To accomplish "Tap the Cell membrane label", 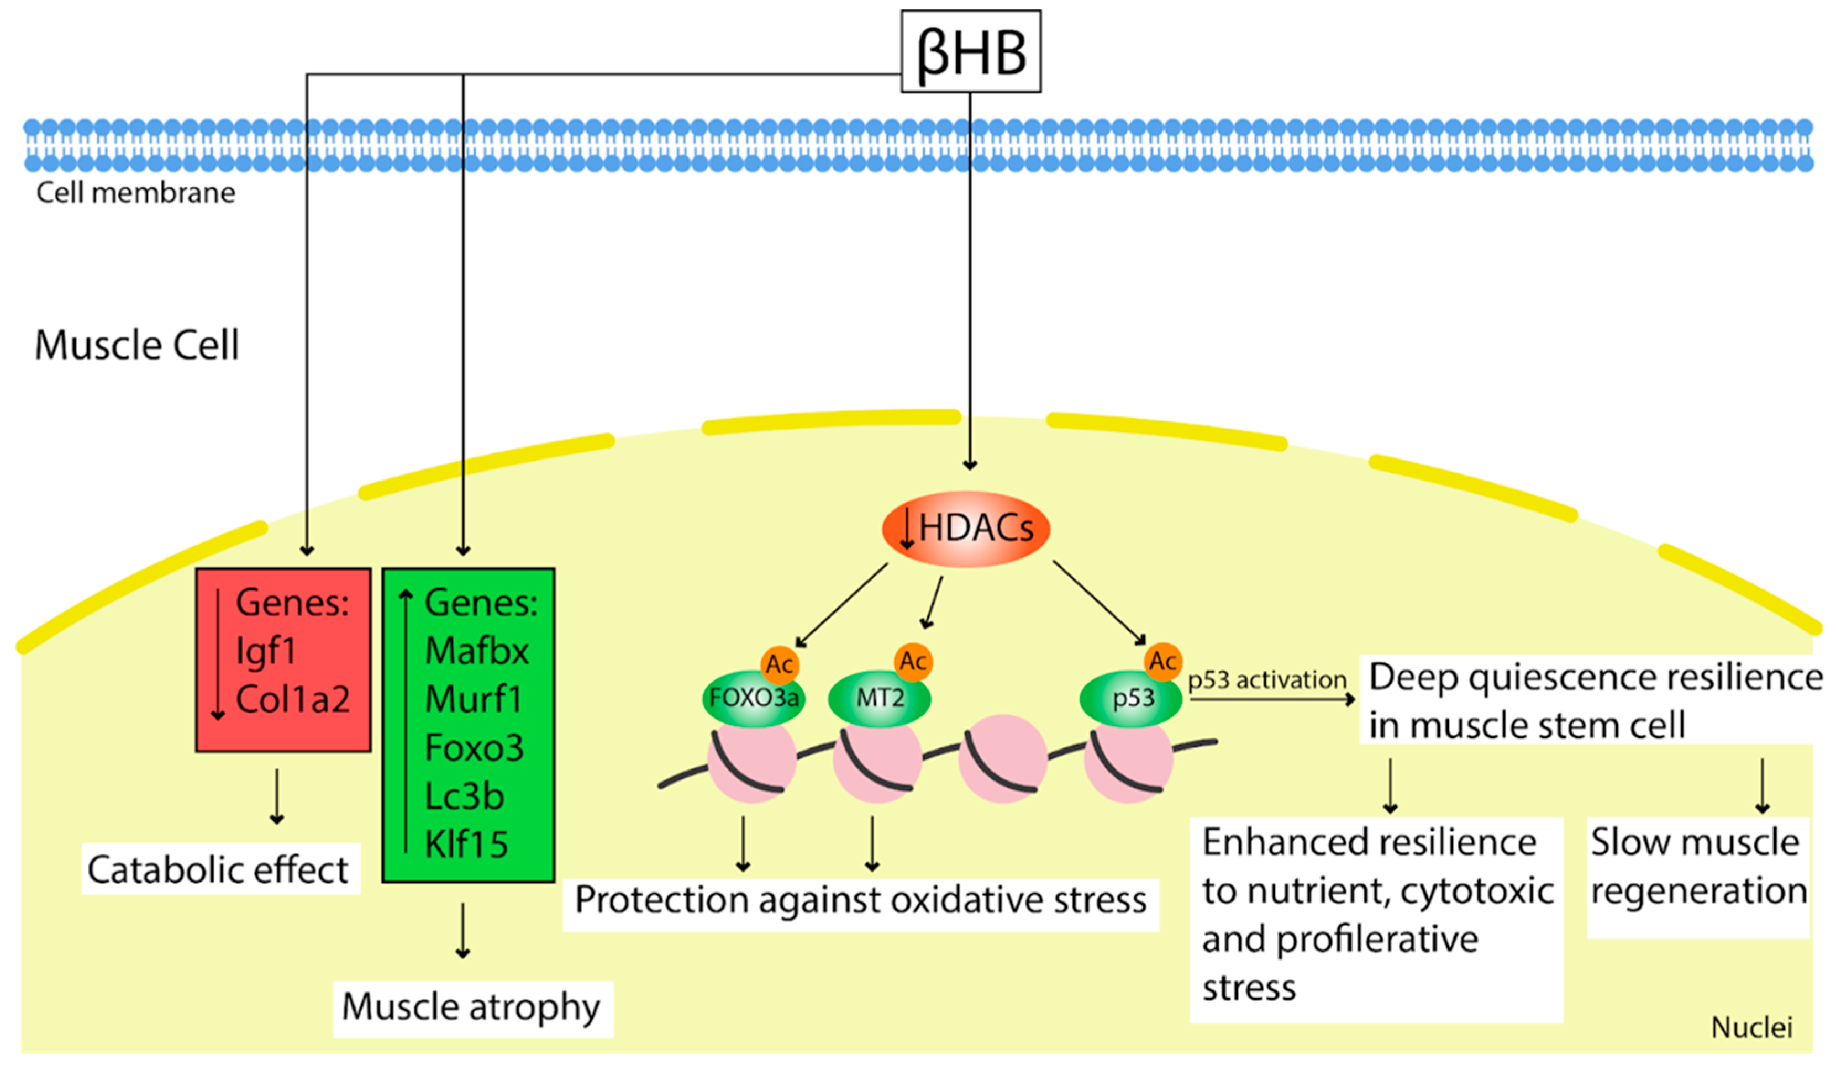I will click(136, 193).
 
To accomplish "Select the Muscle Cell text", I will click(136, 345).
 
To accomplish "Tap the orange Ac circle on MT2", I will click(913, 662).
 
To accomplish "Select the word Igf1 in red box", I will click(266, 651).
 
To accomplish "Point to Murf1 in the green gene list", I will click(473, 699).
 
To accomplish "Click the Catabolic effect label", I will click(219, 869).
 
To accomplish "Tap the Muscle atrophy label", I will click(471, 1007).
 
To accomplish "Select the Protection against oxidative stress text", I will click(860, 900).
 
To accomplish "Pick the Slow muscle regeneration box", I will click(1697, 867).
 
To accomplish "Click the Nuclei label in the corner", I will click(1751, 1028).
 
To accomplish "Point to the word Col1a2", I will click(293, 699).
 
